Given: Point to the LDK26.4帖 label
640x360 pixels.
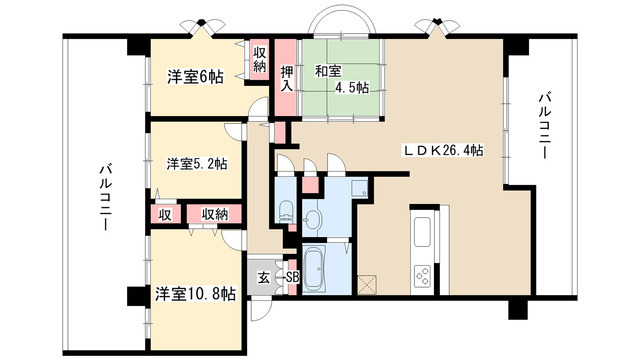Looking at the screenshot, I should tap(444, 151).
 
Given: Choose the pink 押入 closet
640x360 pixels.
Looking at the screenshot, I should tap(286, 77).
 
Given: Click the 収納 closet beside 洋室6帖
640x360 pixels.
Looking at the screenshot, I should tap(260, 60).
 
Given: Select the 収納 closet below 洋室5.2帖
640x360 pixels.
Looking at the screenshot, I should tap(213, 213).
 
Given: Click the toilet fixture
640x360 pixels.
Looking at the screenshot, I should tap(284, 210).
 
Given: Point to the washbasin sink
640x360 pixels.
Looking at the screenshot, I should tap(313, 218).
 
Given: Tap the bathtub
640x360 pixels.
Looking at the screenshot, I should tap(319, 268).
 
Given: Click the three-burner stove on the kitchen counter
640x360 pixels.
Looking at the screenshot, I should tap(421, 275).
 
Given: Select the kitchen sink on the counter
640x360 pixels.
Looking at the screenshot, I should tap(421, 232).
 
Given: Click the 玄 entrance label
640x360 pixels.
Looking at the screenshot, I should tap(263, 277).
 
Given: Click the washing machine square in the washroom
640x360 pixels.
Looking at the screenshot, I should tap(358, 190).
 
